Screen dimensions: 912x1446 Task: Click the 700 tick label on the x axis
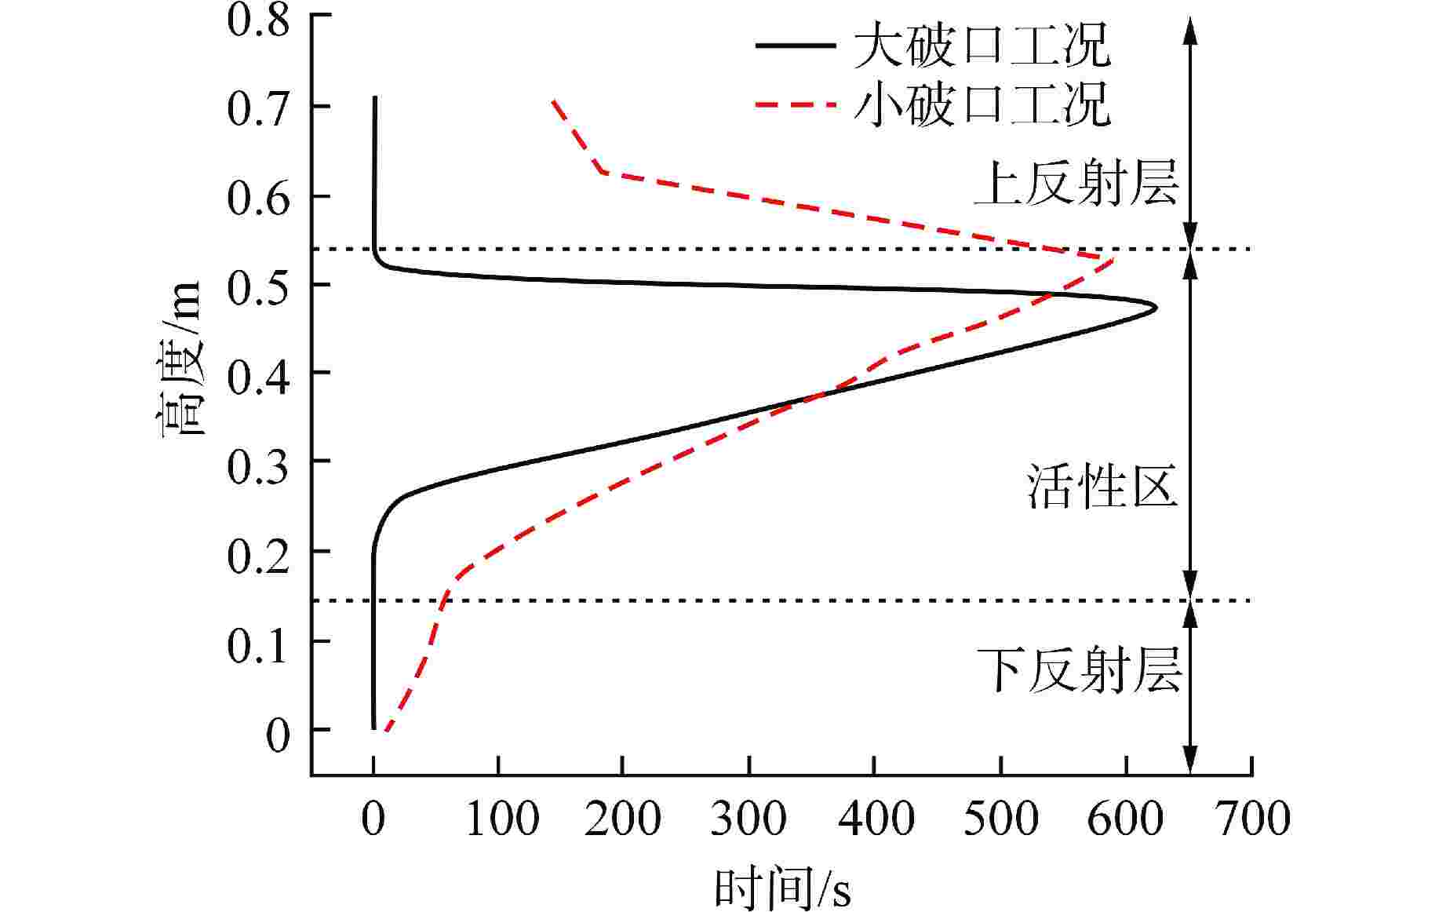[1252, 818]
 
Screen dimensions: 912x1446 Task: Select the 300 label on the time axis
[748, 818]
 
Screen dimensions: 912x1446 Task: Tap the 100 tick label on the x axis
[500, 818]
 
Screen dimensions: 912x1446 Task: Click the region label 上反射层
[1076, 184]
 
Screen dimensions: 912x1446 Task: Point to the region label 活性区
[1102, 487]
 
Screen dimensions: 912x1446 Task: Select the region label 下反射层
[1079, 671]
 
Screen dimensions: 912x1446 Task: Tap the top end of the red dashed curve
[553, 100]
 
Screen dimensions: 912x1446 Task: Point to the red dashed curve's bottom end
[385, 731]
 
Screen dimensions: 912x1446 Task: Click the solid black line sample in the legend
[795, 46]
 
